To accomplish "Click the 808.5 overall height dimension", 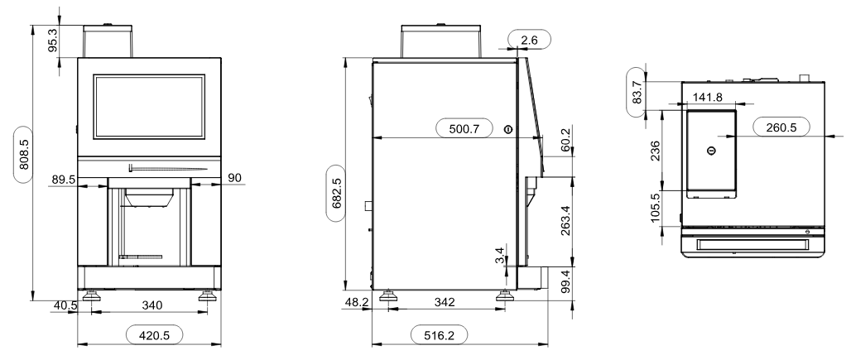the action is (x=24, y=156).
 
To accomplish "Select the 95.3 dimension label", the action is (x=53, y=41).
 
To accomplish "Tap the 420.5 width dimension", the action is (x=154, y=336).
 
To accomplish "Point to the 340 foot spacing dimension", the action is (x=152, y=305).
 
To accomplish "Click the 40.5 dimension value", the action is (x=65, y=305).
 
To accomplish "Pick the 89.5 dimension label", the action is (x=64, y=179).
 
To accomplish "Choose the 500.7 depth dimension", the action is (x=464, y=129).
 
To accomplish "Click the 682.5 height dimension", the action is (x=336, y=194).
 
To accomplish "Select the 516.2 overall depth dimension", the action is (x=439, y=336).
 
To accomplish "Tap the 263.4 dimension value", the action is (x=565, y=219).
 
